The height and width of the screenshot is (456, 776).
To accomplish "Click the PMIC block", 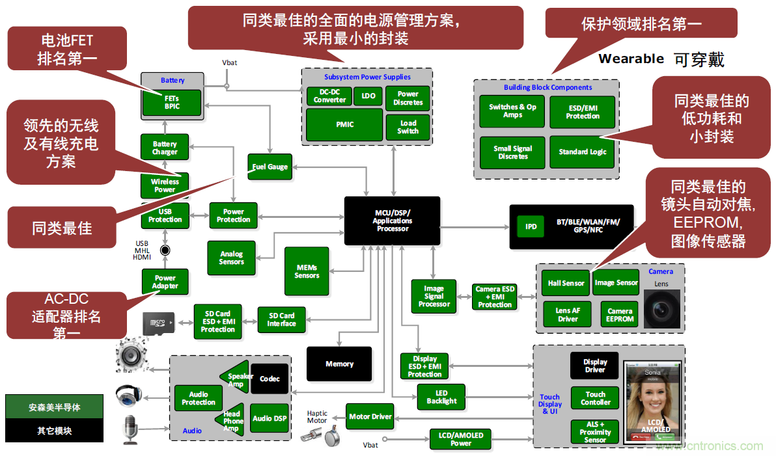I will (x=344, y=124).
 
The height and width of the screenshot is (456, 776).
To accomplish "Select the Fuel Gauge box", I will (x=270, y=167).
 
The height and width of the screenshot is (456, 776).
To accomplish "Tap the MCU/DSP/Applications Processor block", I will (x=392, y=221).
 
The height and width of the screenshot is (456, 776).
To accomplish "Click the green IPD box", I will (x=531, y=227).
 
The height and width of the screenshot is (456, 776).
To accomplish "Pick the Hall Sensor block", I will (x=565, y=284).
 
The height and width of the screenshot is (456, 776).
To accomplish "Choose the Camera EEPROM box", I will (x=619, y=315).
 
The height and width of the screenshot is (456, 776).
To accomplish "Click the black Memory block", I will (x=339, y=364).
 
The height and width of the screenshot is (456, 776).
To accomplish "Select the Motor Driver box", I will (x=370, y=416).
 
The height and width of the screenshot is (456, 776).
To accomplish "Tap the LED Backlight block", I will (x=441, y=397).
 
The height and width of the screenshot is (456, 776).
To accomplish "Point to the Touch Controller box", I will (x=595, y=398).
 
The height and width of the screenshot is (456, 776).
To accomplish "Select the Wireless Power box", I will (x=165, y=186).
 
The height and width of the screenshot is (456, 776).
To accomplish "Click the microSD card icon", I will (x=159, y=322).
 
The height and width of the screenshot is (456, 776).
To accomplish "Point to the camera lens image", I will (x=661, y=309).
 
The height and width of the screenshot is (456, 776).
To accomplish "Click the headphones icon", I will (x=127, y=394).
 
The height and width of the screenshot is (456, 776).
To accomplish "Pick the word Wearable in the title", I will (x=631, y=59).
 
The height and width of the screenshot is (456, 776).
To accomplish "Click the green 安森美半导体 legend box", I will (x=54, y=407).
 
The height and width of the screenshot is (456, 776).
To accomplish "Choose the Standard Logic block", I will (x=582, y=152).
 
